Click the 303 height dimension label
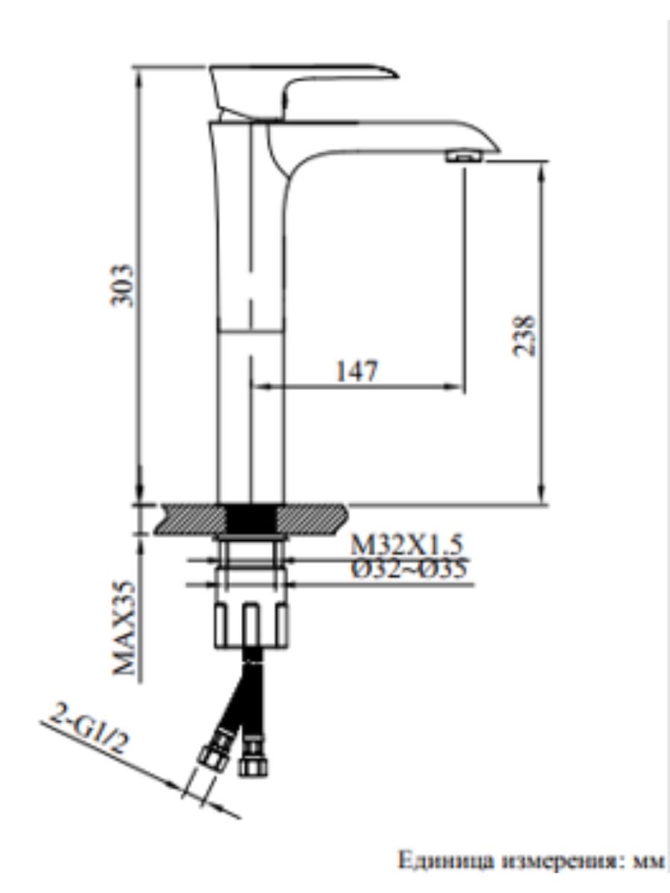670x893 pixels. (x=121, y=286)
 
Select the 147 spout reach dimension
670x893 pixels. (x=357, y=371)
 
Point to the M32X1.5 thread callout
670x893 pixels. (x=406, y=545)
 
